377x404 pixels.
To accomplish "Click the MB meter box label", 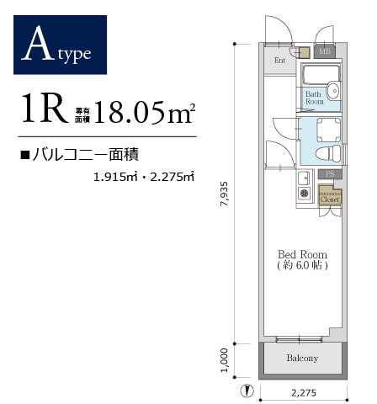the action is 325,51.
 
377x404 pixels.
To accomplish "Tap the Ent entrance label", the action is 279,61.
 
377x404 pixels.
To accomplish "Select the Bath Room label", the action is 315,98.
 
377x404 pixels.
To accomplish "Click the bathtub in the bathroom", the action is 321,74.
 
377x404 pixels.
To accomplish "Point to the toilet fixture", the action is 327,154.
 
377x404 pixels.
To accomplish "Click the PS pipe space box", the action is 330,174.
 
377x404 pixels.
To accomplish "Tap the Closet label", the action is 330,199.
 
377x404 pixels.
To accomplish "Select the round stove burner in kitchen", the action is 304,193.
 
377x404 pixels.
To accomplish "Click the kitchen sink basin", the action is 304,178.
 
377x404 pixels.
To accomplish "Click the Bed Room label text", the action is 302,254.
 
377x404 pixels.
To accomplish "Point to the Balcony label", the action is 302,358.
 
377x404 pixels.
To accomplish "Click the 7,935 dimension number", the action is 225,194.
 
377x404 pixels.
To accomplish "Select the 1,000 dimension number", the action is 224,360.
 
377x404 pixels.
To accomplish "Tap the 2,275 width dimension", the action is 304,392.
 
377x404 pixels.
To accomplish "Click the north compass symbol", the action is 247,391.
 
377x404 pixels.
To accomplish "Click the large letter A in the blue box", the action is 38,43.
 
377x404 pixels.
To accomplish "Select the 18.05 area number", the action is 130,112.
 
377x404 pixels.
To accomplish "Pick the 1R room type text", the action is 45,108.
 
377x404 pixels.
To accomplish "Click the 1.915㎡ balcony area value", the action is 115,177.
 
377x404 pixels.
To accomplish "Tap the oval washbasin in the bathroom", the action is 333,91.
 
